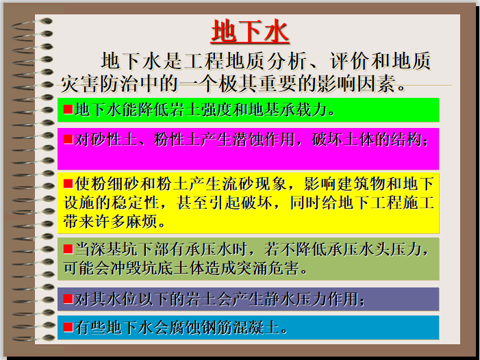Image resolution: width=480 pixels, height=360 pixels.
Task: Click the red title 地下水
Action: click(x=249, y=31)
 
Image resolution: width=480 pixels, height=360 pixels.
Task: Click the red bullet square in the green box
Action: click(x=68, y=109)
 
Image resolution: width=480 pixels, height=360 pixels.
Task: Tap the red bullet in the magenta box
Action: click(x=68, y=139)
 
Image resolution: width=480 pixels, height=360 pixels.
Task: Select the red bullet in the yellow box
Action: click(x=68, y=183)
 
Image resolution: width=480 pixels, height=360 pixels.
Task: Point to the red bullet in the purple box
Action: click(x=68, y=298)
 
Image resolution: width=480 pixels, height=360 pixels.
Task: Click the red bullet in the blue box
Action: click(x=68, y=326)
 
